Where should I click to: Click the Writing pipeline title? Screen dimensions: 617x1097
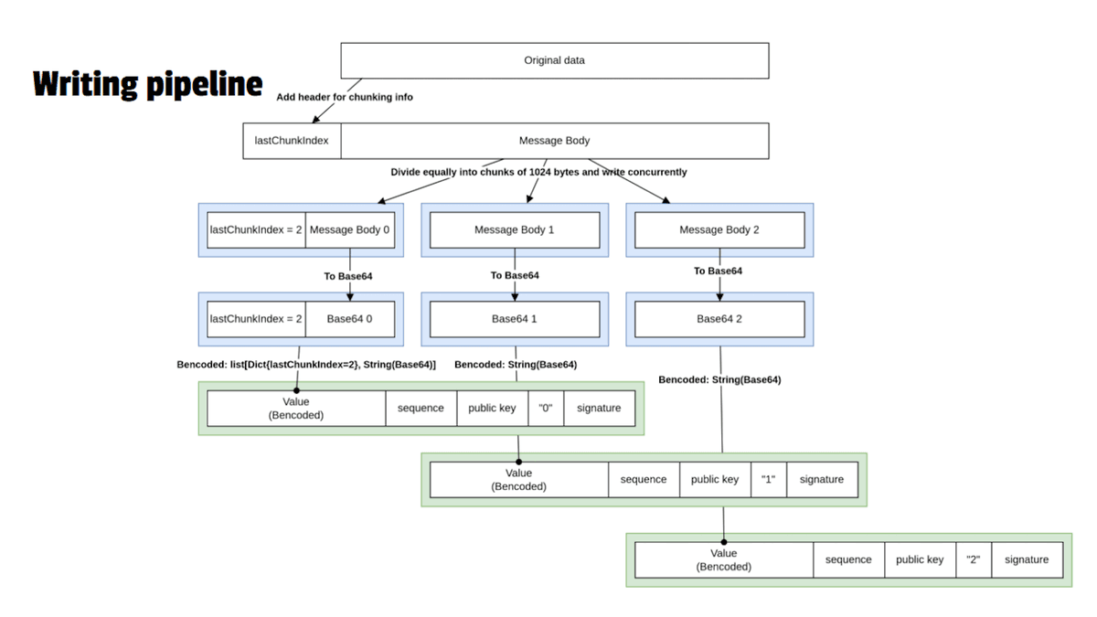tap(148, 83)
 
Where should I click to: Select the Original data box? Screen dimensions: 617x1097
tap(554, 60)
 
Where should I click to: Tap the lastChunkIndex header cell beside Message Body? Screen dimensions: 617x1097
tap(292, 141)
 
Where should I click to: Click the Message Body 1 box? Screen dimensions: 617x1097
tap(514, 230)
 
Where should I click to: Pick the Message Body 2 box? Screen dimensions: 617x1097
tap(719, 230)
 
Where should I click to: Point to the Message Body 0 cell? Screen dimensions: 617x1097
tap(350, 230)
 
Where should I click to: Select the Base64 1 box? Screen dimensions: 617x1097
tap(514, 319)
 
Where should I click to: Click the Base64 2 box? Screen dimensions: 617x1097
tap(719, 319)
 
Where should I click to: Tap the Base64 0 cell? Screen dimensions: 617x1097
tap(350, 319)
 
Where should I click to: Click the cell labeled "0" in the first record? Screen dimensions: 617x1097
tap(546, 409)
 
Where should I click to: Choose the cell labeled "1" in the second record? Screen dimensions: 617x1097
tap(768, 479)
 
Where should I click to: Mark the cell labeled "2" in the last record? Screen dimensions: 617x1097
tap(973, 559)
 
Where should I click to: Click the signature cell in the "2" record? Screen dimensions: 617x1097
tap(1027, 559)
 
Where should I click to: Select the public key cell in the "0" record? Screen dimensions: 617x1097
tap(492, 409)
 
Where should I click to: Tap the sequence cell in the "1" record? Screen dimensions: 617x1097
tap(643, 479)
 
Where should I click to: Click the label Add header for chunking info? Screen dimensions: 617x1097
tap(345, 97)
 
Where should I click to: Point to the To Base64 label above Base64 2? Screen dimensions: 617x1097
tap(718, 271)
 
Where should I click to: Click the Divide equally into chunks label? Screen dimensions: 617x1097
tap(538, 172)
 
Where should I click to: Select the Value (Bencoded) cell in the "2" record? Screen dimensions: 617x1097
tap(723, 559)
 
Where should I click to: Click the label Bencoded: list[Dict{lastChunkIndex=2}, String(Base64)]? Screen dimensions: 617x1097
tap(306, 365)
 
